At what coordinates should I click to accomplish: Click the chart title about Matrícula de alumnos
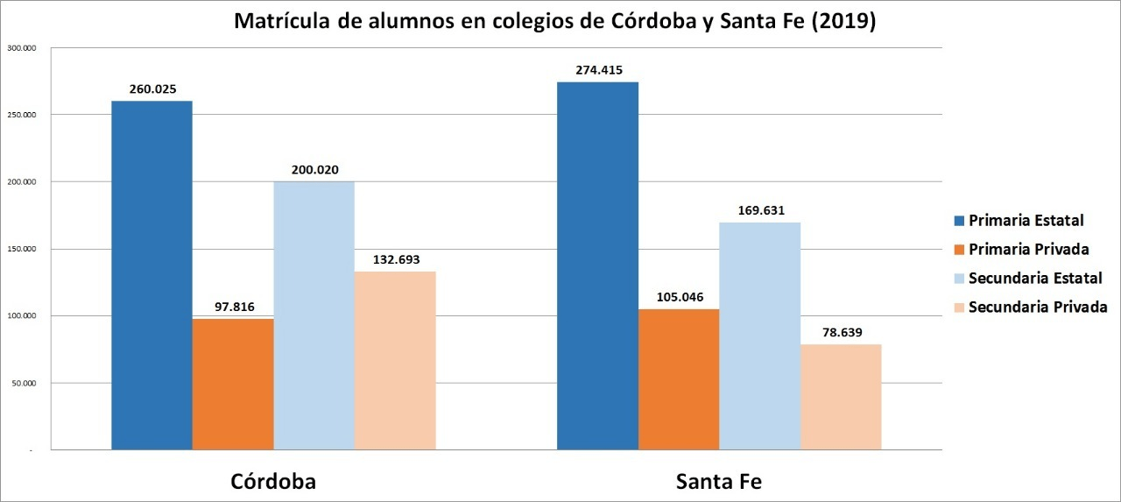coord(555,22)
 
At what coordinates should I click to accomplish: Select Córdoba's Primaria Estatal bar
coord(152,275)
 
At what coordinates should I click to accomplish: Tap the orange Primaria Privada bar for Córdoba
coord(233,384)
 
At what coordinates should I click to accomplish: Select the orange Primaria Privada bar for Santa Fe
coord(679,379)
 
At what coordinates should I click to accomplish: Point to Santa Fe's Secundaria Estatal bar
coord(760,336)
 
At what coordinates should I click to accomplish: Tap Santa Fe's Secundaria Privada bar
coord(841,397)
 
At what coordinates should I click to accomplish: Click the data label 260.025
coord(152,89)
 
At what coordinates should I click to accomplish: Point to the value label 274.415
coord(598,70)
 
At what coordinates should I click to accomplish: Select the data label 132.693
coord(395,260)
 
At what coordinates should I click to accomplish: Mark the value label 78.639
coord(841,333)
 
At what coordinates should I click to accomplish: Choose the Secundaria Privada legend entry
coord(1038,307)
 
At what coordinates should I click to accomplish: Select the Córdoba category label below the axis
coord(273,482)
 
